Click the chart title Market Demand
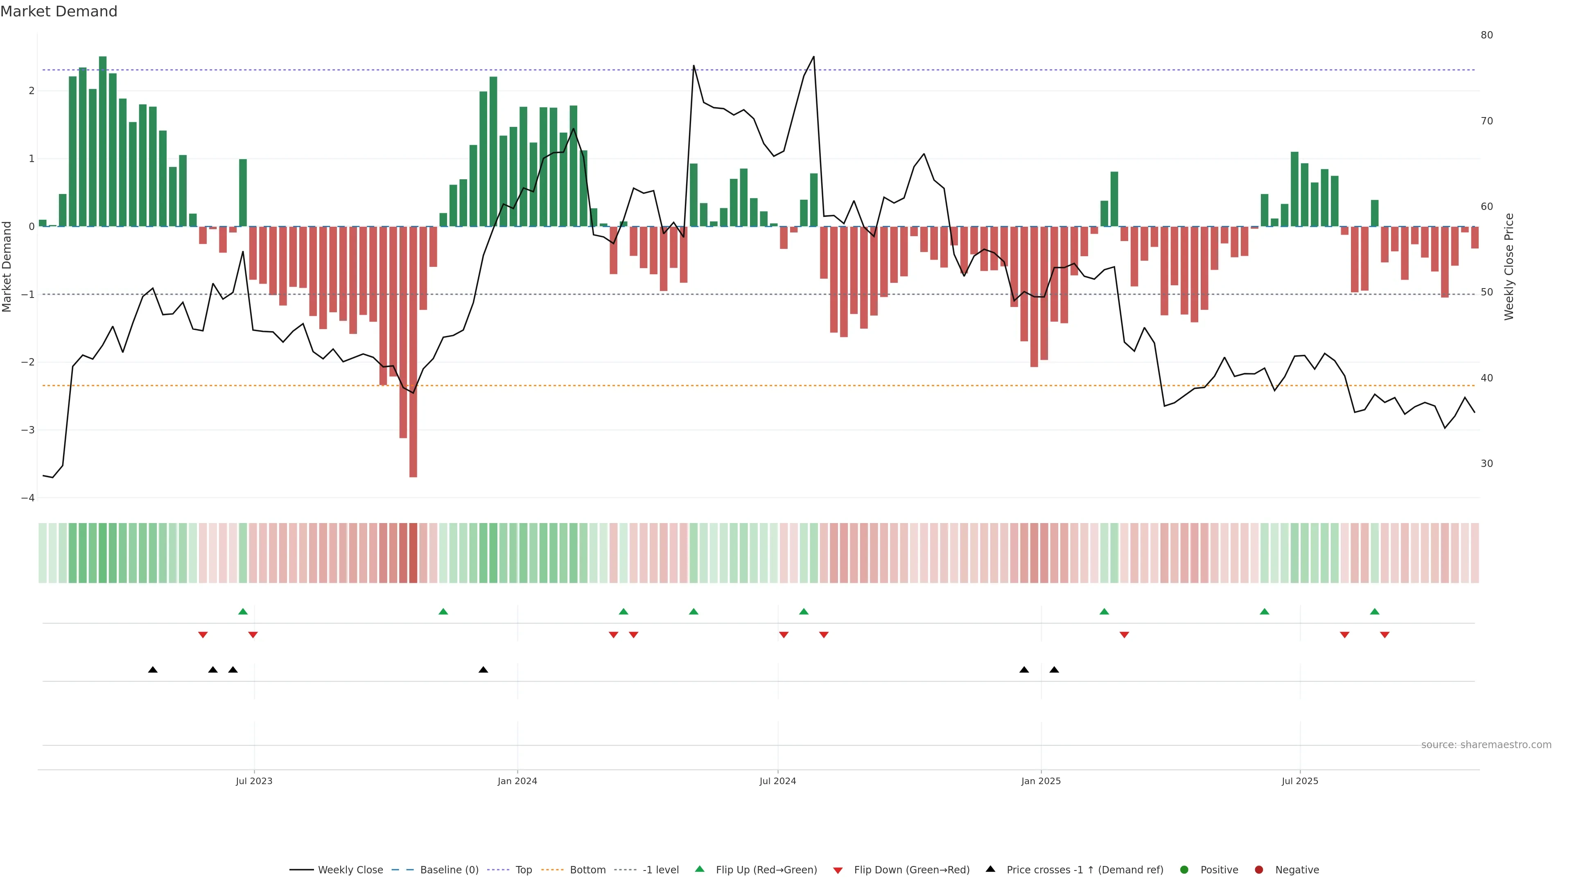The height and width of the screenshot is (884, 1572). (x=59, y=11)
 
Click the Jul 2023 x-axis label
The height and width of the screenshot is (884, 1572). (x=254, y=781)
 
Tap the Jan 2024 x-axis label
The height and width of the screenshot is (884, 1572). (x=517, y=781)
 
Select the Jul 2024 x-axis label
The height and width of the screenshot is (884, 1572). (x=777, y=781)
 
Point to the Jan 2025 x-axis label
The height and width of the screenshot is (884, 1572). (x=1041, y=781)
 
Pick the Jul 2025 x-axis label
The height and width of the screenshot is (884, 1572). (x=1300, y=781)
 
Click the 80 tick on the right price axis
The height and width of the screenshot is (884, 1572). (x=1486, y=35)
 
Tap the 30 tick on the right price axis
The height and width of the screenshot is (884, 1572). (x=1486, y=464)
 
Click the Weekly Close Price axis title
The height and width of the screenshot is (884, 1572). (x=1509, y=266)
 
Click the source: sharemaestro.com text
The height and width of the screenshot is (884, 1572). (x=1486, y=745)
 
